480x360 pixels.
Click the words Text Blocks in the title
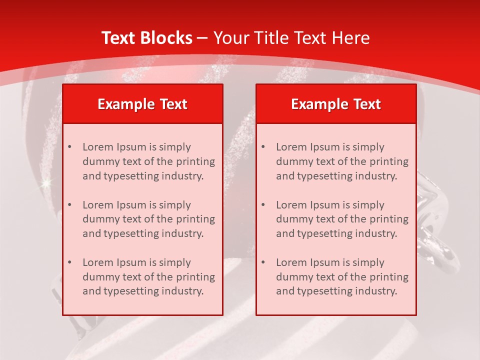tap(146, 38)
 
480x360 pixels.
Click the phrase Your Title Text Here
tap(291, 38)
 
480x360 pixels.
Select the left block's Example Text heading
tap(142, 104)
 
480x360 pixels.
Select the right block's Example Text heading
tap(336, 104)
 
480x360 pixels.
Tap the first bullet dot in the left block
tap(69, 147)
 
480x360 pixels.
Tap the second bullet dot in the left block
tap(69, 205)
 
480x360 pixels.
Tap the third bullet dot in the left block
tap(69, 262)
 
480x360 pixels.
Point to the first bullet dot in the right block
tap(263, 147)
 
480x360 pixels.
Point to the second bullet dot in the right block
tap(263, 205)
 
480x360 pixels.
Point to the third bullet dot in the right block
tap(263, 262)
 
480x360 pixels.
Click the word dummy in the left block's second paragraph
tap(98, 219)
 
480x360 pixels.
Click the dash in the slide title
tap(202, 38)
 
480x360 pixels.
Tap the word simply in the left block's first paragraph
tap(174, 147)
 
